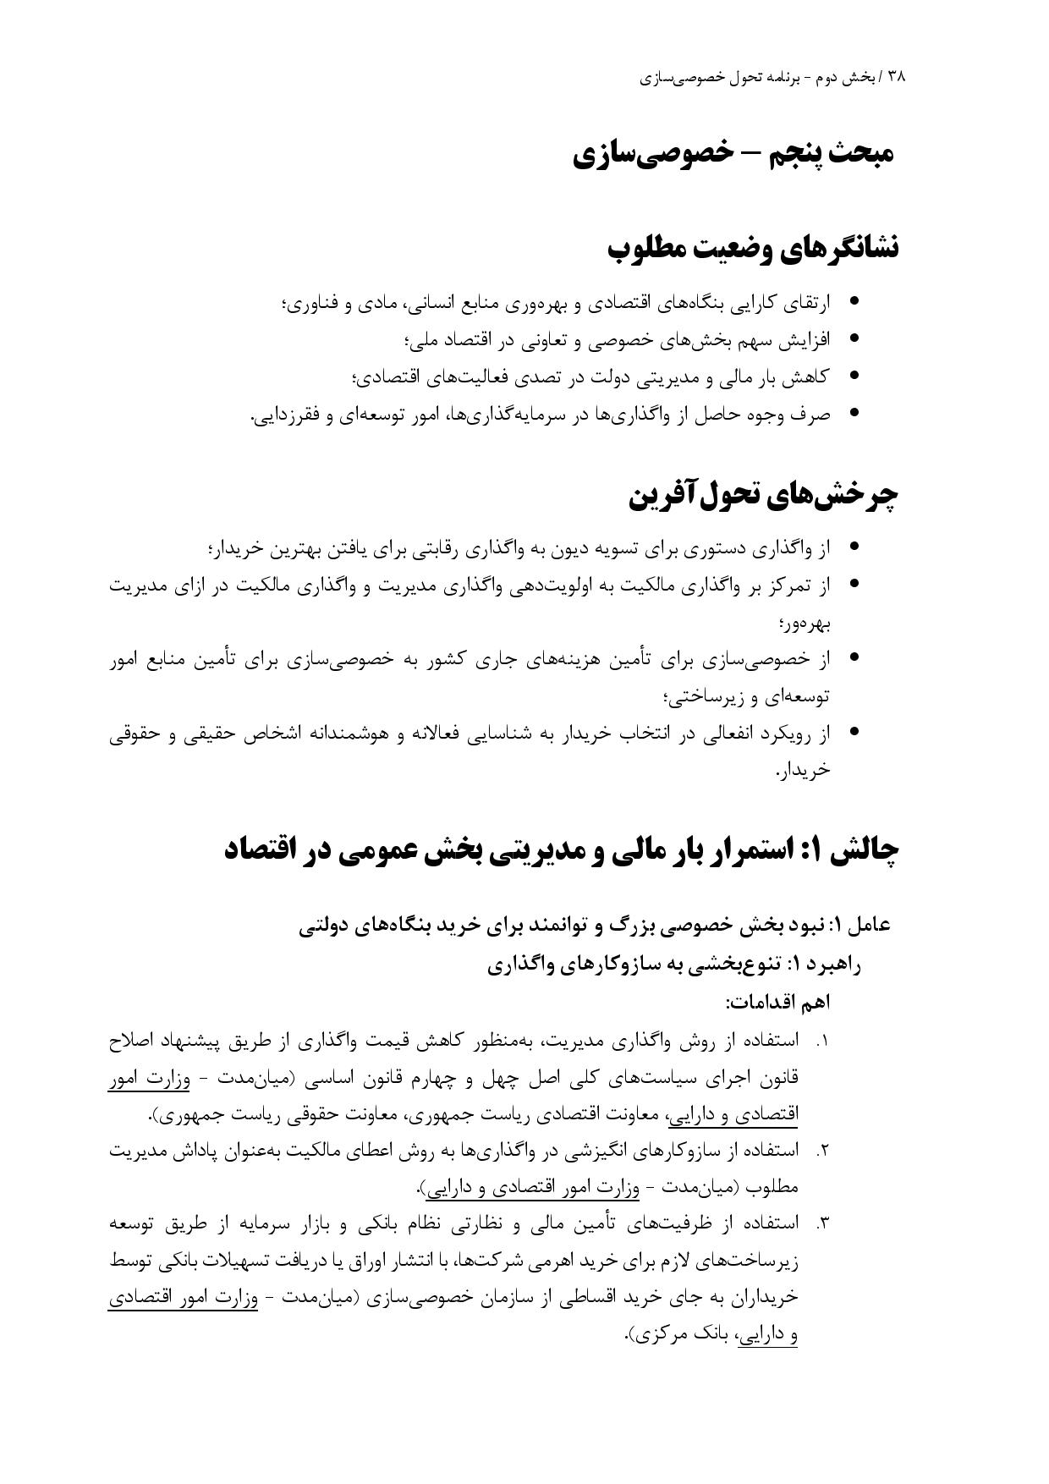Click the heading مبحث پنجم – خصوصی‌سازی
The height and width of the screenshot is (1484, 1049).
733,155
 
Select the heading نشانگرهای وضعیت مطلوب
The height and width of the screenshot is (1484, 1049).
753,249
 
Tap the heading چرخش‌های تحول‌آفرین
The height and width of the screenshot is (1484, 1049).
762,497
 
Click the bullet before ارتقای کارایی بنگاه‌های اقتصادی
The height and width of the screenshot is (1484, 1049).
854,300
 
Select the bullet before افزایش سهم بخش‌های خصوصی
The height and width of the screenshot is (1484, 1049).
854,338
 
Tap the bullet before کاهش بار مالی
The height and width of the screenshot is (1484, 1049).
854,376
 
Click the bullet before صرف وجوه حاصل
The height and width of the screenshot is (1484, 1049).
854,413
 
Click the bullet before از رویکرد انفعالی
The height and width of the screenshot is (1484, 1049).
854,731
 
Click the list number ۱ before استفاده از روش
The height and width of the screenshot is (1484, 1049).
820,1041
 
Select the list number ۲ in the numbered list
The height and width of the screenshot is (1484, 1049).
820,1151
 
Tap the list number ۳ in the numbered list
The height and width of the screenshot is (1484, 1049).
820,1223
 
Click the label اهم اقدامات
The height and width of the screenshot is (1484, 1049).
777,1003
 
